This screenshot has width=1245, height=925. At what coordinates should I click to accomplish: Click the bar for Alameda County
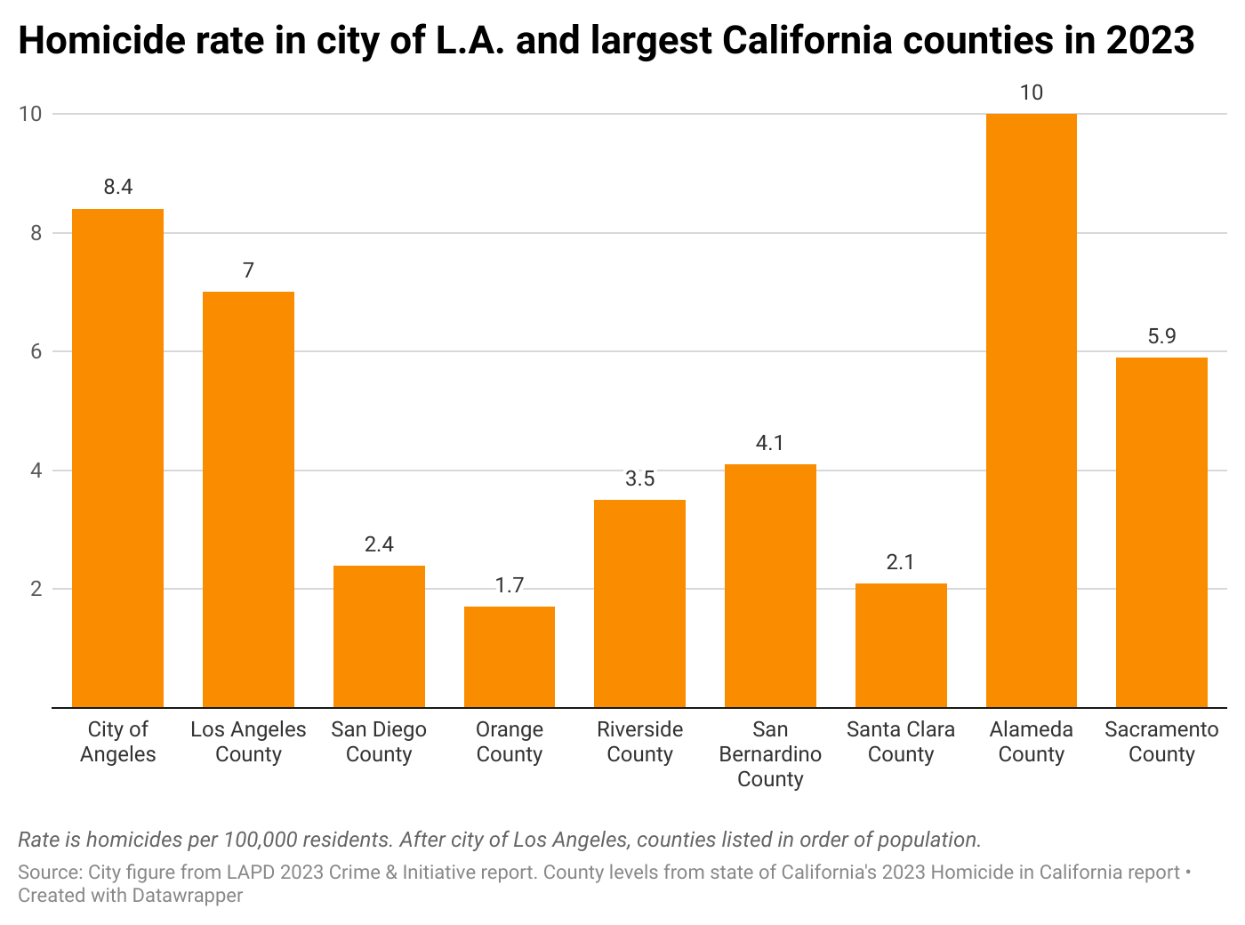(1032, 410)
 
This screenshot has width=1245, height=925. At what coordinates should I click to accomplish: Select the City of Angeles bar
(117, 458)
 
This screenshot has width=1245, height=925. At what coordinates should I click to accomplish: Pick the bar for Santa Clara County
(901, 645)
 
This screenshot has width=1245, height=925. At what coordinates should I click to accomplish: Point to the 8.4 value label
(117, 187)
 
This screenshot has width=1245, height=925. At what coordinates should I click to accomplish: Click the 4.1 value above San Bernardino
(770, 443)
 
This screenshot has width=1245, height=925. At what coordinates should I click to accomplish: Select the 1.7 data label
(510, 585)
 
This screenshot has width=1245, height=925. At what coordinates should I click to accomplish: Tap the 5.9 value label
(1161, 336)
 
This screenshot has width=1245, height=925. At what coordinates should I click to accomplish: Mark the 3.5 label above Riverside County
(639, 479)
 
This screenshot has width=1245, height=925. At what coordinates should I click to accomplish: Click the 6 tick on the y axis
(36, 351)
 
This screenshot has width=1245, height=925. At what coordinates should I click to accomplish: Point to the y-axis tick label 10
(31, 114)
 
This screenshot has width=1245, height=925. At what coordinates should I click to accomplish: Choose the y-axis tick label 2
(36, 589)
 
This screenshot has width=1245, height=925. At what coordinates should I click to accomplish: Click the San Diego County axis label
(379, 742)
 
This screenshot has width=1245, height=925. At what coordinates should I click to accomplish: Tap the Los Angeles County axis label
(248, 742)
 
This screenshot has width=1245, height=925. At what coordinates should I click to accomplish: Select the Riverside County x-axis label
(639, 742)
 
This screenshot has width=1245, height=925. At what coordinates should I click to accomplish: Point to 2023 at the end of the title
(1150, 41)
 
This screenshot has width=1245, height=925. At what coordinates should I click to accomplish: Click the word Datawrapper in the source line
(188, 896)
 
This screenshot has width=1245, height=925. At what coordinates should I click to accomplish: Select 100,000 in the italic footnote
(262, 840)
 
